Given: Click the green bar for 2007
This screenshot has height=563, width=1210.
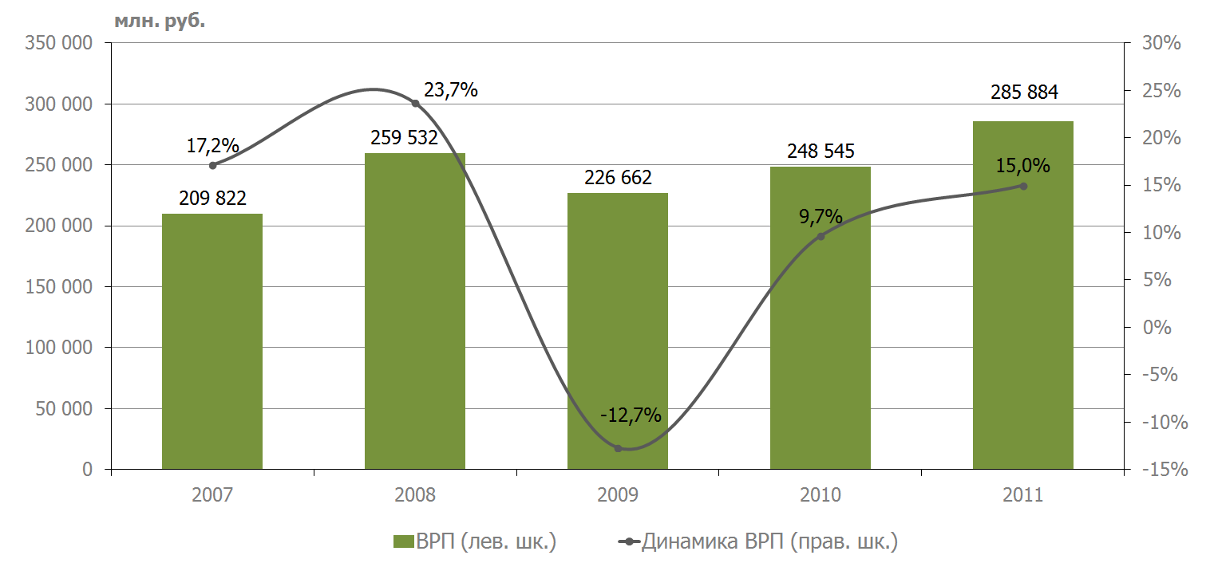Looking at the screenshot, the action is point(212,341).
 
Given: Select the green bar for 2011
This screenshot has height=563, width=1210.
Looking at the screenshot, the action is point(1023,295).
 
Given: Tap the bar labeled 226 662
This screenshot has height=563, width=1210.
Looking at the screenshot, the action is point(618,331).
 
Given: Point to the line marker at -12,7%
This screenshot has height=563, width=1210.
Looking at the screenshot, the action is point(618,448).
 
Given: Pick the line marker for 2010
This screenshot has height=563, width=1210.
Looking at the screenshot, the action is point(821,236).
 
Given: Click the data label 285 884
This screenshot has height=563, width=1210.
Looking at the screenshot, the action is point(1024,93).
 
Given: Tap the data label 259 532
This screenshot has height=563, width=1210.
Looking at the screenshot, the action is point(404,138).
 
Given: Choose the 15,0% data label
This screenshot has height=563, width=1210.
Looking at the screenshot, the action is point(1022,165).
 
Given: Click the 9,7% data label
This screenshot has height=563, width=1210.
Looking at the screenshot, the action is point(821,216).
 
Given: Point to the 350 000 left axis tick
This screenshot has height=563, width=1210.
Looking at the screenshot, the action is point(59,42).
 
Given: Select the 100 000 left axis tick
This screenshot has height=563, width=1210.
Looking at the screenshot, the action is point(59,348).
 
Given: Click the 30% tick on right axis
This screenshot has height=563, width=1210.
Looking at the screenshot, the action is point(1161,42).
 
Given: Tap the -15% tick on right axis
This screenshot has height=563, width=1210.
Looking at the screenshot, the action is point(1165,469).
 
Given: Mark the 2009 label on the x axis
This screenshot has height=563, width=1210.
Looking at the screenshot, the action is point(618,494).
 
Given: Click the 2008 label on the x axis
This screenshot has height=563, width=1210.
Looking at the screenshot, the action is point(415,494).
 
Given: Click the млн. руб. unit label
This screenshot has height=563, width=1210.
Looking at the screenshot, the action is point(160,21).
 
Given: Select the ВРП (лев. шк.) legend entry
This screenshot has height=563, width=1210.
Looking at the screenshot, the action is point(475,541).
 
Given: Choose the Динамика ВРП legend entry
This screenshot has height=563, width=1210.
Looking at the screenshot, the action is point(758,541).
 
